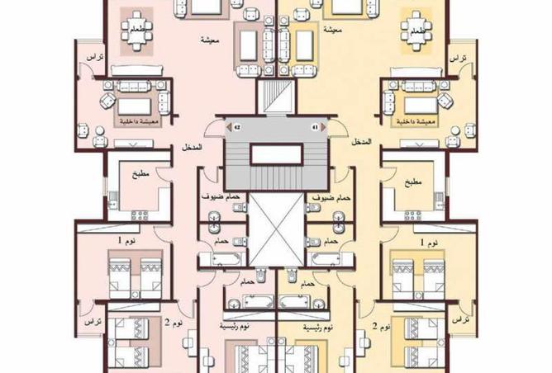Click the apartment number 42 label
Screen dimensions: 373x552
pos(236,128)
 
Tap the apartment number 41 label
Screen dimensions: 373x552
pos(314,128)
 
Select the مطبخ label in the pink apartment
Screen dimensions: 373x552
pos(139,177)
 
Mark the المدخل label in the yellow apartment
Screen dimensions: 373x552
pos(361,144)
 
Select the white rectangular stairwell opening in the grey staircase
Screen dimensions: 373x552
pos(275,152)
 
